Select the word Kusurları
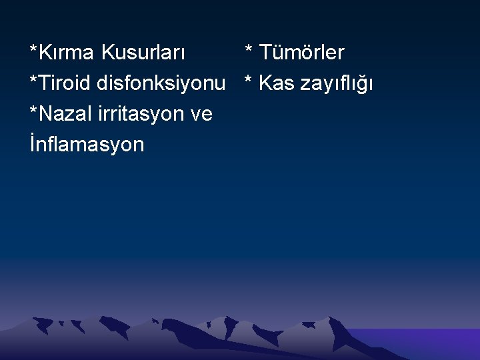(x=144, y=52)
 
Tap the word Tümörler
(x=302, y=52)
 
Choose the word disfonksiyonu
(x=161, y=83)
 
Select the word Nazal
(x=67, y=114)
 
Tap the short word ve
(x=201, y=115)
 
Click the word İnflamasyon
(x=87, y=145)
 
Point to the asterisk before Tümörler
(x=249, y=49)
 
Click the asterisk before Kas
(x=249, y=81)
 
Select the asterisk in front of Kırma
(x=33, y=49)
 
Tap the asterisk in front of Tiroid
(x=33, y=81)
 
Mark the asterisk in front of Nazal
(x=33, y=111)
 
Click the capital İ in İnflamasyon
(x=33, y=145)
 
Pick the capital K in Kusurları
(x=109, y=52)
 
